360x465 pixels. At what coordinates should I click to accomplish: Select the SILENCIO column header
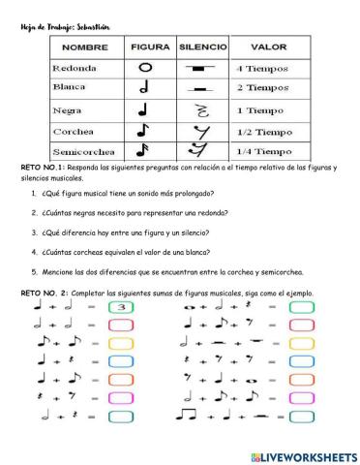(202, 46)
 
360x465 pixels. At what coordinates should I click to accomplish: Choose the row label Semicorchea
(82, 152)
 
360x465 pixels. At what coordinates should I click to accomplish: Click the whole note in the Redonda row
(146, 68)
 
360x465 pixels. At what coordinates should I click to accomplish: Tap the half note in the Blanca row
(146, 88)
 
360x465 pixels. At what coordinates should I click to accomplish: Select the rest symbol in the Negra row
(203, 109)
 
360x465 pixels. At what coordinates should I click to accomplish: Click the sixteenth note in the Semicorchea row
(146, 150)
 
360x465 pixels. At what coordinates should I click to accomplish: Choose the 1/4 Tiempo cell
(264, 152)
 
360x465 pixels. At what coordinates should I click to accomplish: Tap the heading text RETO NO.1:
(43, 168)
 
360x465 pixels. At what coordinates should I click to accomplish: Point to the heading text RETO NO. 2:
(45, 294)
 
